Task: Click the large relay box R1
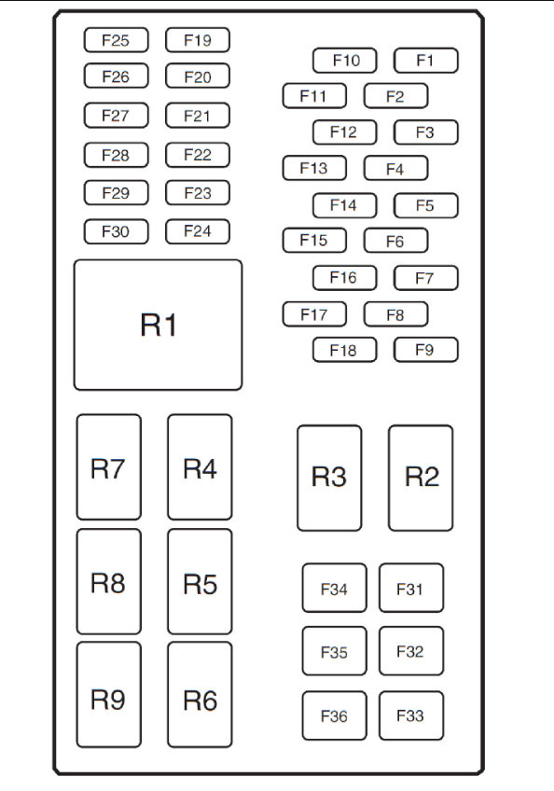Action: tap(158, 325)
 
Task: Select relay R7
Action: tap(108, 467)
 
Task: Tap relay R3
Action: tap(329, 478)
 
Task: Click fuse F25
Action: tap(116, 40)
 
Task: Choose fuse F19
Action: tap(198, 40)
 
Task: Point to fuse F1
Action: tap(425, 61)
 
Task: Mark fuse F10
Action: tap(344, 61)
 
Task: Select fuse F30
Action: tap(116, 231)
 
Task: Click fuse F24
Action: tap(198, 231)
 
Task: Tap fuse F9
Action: tap(425, 350)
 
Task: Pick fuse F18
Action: tap(344, 350)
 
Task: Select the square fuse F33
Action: tap(410, 715)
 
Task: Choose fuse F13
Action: tap(314, 168)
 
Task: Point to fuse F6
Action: tap(395, 241)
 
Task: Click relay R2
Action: tap(421, 478)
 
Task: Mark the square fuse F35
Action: tap(334, 651)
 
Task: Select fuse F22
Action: tap(198, 155)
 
